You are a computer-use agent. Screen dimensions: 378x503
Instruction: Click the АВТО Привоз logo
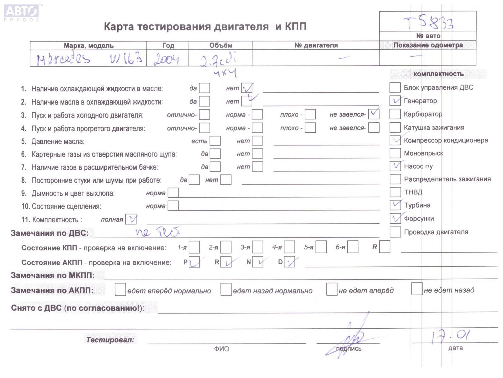pos(21,13)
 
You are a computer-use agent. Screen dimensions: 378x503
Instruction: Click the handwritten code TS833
pos(429,23)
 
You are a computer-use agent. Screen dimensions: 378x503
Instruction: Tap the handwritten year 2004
pos(166,59)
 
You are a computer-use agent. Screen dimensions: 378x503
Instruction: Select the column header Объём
pos(221,45)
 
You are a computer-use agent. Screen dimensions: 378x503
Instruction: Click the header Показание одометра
pos(428,45)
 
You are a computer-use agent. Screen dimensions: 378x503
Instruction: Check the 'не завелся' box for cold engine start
pos(374,114)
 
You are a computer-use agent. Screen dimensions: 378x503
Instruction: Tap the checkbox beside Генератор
pos(395,101)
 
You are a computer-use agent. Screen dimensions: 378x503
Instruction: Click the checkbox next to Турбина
pos(395,205)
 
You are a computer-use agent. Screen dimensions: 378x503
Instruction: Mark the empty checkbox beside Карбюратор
pos(395,114)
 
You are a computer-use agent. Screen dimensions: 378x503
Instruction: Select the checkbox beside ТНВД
pos(395,192)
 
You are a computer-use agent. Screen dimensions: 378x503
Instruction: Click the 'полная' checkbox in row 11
pos(131,219)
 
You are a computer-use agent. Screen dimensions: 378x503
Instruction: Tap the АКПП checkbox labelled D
pos(289,262)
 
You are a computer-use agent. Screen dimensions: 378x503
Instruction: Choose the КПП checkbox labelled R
pos(385,247)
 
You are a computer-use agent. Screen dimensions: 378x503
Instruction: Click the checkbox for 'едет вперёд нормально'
pos(120,290)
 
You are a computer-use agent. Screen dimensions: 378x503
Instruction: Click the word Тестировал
pos(110,340)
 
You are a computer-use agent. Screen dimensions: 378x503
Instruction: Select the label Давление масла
pos(58,142)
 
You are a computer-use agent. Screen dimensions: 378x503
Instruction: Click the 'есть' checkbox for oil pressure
pos(215,141)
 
